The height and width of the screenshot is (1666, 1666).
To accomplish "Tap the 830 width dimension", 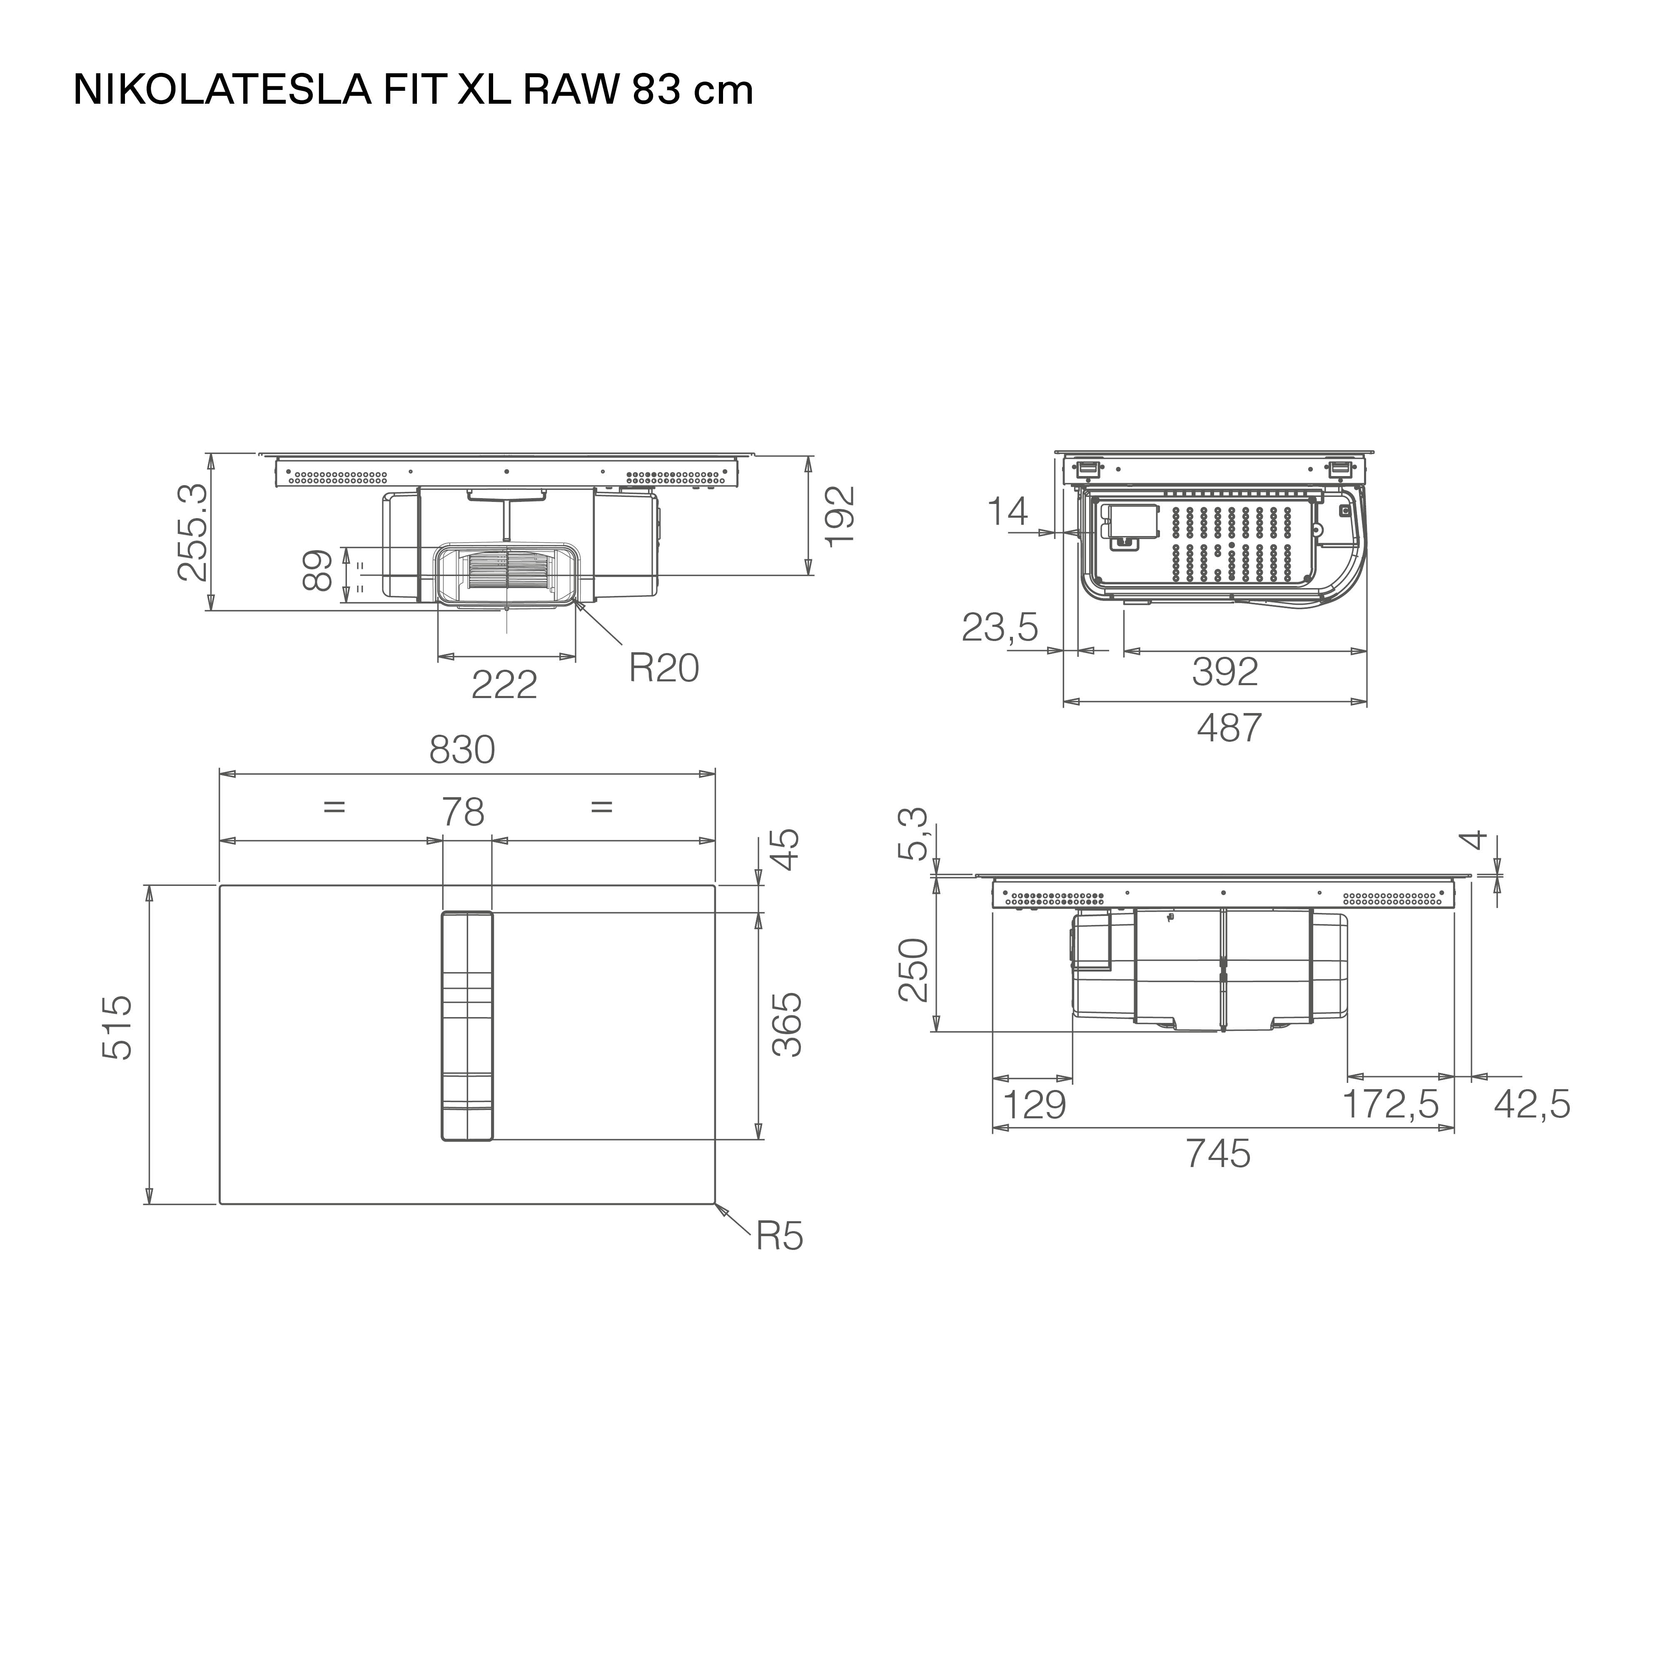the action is click(462, 750).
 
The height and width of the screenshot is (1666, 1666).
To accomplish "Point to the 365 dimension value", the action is click(786, 1025).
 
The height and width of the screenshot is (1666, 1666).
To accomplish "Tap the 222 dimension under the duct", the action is click(504, 685).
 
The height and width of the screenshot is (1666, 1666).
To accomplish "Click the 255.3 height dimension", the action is click(192, 532).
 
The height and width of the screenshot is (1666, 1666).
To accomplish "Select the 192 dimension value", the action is click(839, 515).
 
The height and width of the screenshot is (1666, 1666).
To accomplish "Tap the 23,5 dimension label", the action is click(1000, 628).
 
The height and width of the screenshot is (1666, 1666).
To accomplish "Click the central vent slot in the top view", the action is click(466, 1025).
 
